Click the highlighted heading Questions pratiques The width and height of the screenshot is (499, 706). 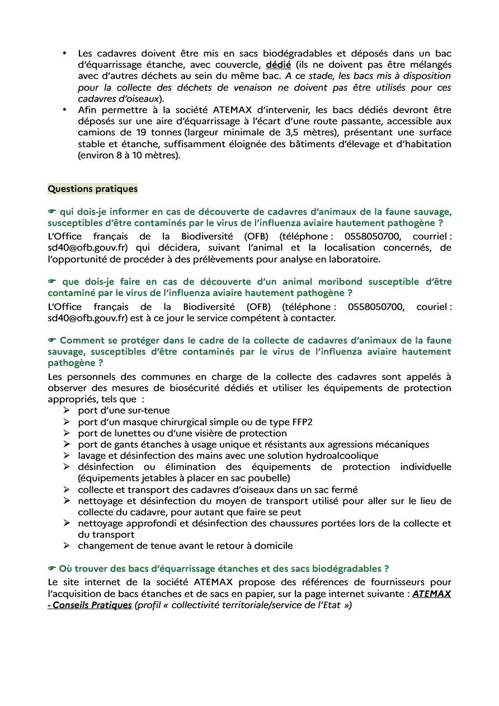coord(92,189)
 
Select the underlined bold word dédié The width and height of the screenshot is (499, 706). coord(278,65)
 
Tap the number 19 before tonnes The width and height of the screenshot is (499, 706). coord(141,133)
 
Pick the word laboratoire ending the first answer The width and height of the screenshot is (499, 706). coord(354,259)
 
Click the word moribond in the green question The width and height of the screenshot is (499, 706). coord(340,281)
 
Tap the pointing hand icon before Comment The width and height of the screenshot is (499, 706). coord(53,341)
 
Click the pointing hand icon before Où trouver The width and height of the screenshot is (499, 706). coord(53,569)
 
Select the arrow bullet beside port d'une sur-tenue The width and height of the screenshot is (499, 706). coord(66,411)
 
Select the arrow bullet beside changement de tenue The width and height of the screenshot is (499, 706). coord(66,545)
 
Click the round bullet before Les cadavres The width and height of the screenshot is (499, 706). coord(65,54)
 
